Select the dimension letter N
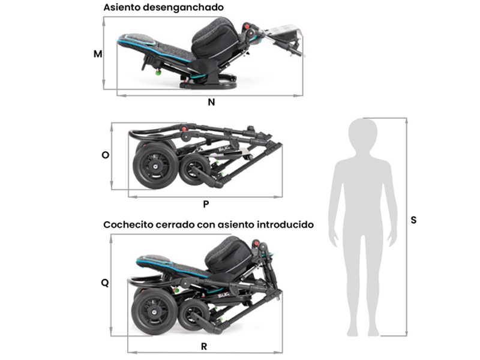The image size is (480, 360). [x=211, y=102]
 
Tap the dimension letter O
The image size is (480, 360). [x=106, y=155]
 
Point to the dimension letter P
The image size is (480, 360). [x=206, y=204]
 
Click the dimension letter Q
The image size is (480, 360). [x=105, y=283]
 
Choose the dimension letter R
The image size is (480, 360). [x=204, y=347]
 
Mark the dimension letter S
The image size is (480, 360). [x=413, y=220]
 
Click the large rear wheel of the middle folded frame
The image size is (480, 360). [x=155, y=164]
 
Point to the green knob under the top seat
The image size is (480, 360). [x=158, y=73]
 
